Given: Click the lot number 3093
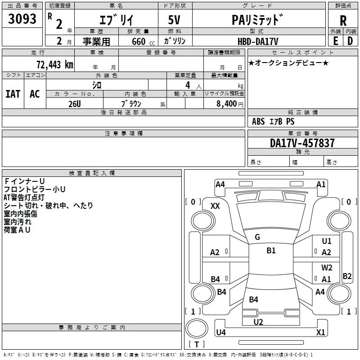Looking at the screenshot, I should click(x=22, y=20).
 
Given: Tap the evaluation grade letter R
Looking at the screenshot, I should click(x=343, y=21).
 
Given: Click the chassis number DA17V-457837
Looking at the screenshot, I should click(x=302, y=143).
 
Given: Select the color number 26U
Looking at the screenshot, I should click(x=75, y=103).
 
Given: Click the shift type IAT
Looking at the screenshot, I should click(x=13, y=94).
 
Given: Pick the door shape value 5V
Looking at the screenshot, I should click(x=175, y=20).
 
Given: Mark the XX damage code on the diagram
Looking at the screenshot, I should click(x=215, y=206).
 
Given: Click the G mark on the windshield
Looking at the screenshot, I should click(x=257, y=237).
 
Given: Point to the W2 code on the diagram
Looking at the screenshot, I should click(x=327, y=268).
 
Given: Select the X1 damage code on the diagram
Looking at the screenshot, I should click(x=320, y=333).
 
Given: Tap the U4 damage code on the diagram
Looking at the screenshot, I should click(x=221, y=333).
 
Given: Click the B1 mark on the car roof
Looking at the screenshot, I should click(x=271, y=251).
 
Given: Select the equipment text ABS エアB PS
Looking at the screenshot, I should click(x=273, y=121).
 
